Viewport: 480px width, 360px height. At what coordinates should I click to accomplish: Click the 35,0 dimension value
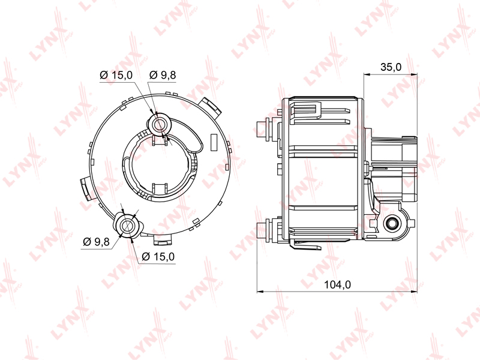coord(391,67)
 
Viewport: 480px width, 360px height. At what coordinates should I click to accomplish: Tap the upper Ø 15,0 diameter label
coord(116,74)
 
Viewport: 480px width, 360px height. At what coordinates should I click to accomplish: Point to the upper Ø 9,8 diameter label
coord(163,74)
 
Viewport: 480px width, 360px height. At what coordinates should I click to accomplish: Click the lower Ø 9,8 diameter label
coord(97,241)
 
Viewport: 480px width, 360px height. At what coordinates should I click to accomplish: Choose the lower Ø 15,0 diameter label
coord(158,257)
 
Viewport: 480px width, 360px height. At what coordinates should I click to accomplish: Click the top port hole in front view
coord(159,124)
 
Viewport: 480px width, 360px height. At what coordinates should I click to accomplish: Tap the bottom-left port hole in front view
coord(128,225)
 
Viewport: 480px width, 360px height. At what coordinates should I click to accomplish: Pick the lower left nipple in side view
coord(263,229)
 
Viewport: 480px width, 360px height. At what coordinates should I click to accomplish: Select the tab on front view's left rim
coord(85,187)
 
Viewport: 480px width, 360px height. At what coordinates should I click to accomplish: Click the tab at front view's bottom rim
coord(163,240)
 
